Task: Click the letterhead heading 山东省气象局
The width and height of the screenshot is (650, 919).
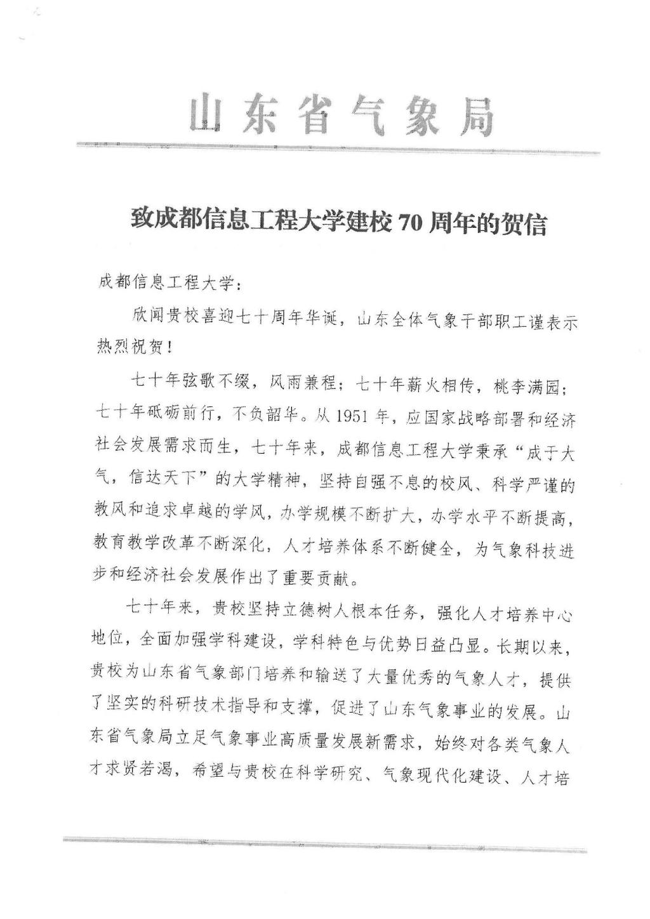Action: click(342, 115)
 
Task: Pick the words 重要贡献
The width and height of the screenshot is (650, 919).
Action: click(317, 580)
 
